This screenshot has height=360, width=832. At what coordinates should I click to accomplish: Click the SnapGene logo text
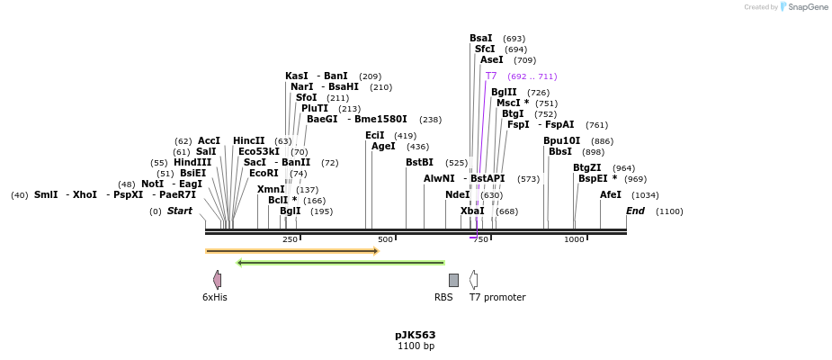[804, 7]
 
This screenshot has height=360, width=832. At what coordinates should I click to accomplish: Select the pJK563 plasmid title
[416, 335]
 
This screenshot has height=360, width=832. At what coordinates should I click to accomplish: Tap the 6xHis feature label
[215, 297]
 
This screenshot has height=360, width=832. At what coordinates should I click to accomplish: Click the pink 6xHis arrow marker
[217, 280]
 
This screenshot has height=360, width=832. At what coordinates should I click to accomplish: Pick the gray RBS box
[453, 280]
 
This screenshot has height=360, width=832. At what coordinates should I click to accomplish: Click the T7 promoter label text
[497, 297]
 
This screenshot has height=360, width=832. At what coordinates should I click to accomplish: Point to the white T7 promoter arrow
[473, 280]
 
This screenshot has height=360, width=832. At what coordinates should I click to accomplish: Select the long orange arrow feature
[292, 251]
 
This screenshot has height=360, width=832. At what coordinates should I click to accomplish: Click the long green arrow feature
[341, 263]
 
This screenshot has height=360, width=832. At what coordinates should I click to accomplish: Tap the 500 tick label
[386, 239]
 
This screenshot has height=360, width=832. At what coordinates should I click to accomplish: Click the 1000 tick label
[574, 239]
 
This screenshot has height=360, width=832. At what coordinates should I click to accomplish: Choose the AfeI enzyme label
[611, 194]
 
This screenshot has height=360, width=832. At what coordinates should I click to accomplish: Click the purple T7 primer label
[491, 76]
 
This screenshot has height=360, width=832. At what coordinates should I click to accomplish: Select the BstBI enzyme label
[419, 162]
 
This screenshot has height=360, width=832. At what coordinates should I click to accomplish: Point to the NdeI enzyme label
[457, 194]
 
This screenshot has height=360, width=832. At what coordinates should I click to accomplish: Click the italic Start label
[180, 211]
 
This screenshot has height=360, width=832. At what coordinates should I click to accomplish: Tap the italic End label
[635, 211]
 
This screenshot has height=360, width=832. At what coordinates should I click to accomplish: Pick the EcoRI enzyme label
[264, 173]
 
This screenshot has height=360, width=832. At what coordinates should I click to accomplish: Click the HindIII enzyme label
[192, 162]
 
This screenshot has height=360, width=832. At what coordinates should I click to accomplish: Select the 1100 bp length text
[416, 346]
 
